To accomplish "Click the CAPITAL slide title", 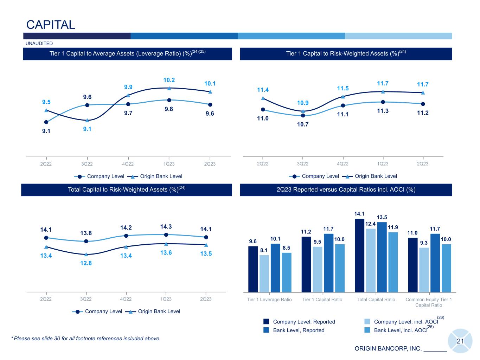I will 51,25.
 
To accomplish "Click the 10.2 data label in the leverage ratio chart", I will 169,80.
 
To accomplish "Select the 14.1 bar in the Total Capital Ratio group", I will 359,255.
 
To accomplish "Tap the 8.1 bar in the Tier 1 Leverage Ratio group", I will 264,274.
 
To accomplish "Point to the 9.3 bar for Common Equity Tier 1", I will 424,270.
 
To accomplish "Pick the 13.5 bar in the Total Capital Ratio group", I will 382,257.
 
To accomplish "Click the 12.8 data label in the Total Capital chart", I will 86,263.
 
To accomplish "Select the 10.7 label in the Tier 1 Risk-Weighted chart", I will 302,124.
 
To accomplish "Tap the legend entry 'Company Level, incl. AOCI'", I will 401,322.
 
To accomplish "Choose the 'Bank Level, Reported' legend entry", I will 298,330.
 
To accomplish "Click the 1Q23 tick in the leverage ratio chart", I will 169,164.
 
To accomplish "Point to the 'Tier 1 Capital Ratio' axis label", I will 322,300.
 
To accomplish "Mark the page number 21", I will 460,341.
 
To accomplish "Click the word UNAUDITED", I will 39,44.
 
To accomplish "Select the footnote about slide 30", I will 87,339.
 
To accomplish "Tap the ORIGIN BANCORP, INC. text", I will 388,349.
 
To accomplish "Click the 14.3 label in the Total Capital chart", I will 166,226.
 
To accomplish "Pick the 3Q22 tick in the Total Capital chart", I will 86,299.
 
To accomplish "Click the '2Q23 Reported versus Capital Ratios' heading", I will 346,189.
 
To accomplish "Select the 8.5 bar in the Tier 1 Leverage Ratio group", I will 287,272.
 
